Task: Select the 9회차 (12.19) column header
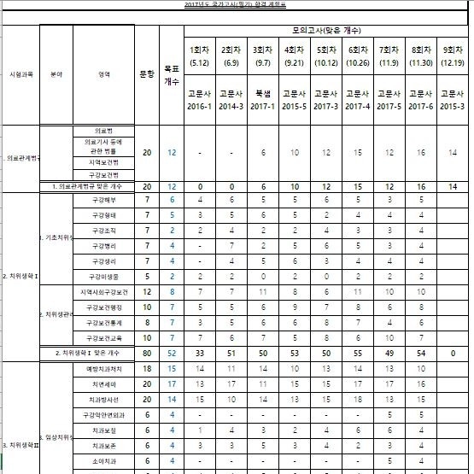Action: tap(454, 55)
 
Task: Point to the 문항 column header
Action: tap(147, 73)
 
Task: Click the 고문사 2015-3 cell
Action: tap(454, 99)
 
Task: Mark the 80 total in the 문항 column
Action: tap(147, 352)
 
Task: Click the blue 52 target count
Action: tap(172, 352)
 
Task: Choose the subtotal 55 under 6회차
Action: tap(358, 352)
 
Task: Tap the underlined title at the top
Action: tap(237, 5)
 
